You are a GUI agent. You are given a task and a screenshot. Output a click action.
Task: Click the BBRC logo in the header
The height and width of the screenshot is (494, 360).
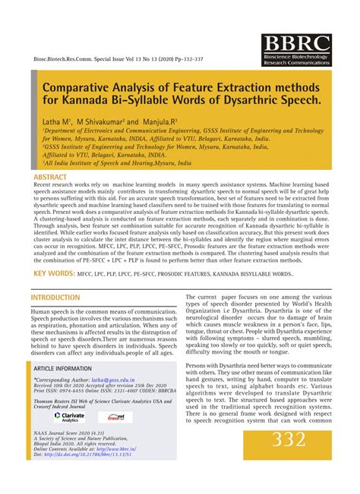(297, 49)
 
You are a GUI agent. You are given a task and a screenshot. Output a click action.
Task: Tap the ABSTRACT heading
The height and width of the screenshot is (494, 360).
(50, 177)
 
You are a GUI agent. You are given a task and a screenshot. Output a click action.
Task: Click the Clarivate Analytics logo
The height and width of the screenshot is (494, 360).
(69, 417)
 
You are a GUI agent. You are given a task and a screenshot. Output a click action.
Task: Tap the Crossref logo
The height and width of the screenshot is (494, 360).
(115, 417)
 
